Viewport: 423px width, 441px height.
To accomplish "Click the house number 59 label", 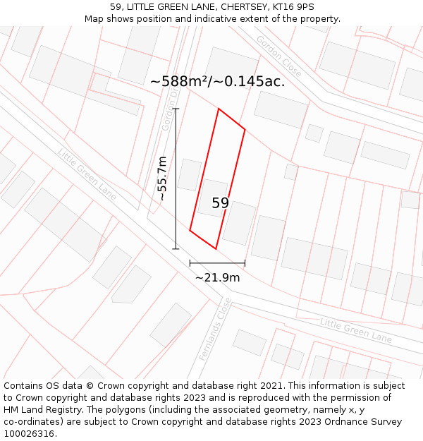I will pos(220,203).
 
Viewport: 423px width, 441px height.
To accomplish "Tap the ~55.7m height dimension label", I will pos(163,179).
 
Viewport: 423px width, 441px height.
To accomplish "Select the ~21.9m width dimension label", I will pos(217,278).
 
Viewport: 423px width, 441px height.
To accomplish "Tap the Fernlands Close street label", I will pos(214,330).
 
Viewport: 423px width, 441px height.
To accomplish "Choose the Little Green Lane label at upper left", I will pos(87,174).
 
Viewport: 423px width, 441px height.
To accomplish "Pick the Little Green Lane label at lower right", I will pos(355,330).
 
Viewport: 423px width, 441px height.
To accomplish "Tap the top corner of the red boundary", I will pos(219,109).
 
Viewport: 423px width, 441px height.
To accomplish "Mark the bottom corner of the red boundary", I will pos(215,248).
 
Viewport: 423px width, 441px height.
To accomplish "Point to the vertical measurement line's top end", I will pos(176,109).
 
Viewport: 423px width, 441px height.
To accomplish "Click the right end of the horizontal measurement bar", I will pos(245,263).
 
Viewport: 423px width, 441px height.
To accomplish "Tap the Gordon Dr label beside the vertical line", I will pos(169,113).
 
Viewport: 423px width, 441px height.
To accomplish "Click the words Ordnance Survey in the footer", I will pos(367,422).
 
